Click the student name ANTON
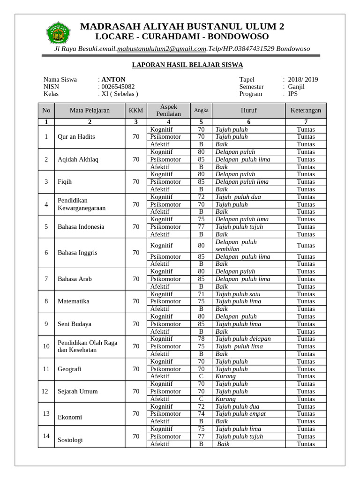[x=113, y=79]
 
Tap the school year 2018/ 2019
[x=303, y=79]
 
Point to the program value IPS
[x=293, y=94]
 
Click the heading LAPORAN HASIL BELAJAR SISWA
[x=180, y=65]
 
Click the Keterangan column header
[x=306, y=111]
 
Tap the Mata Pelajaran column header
[x=90, y=111]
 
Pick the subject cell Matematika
[x=73, y=301]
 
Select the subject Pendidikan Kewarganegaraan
[x=81, y=204]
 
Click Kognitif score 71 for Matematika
[x=201, y=294]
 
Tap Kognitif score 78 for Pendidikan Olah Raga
[x=201, y=339]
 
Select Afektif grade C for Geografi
[x=201, y=376]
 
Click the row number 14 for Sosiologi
[x=46, y=436]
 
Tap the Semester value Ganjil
[x=296, y=87]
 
